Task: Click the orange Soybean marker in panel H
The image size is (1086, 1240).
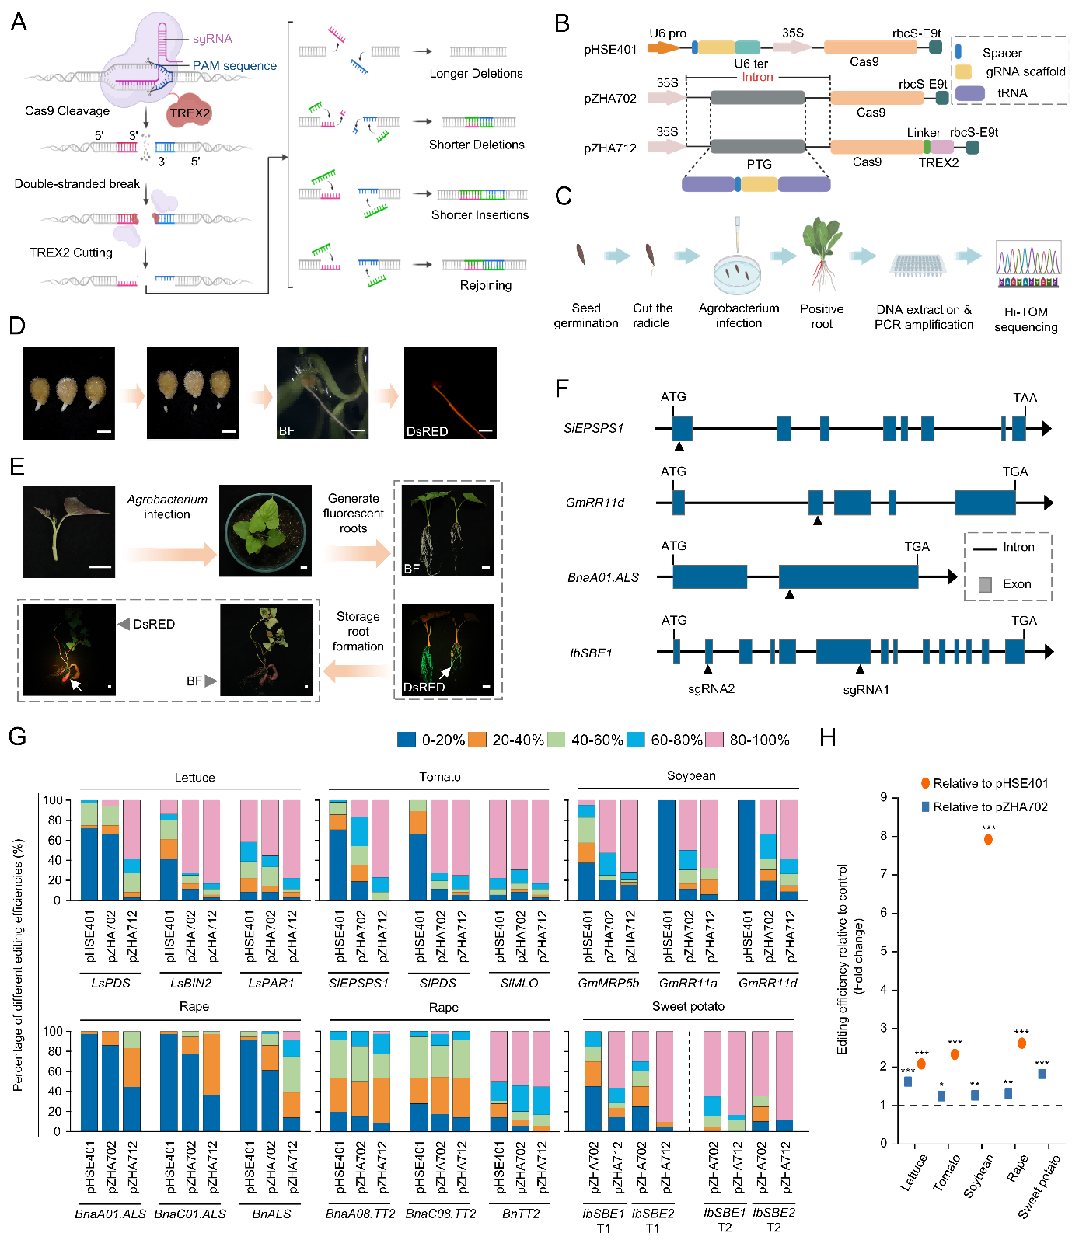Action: [x=988, y=839]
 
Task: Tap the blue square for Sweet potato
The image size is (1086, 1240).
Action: [x=1042, y=1074]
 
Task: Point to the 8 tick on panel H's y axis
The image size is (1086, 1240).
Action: [x=883, y=836]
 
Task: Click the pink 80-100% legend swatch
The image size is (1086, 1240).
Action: [x=715, y=740]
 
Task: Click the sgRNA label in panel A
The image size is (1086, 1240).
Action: [x=212, y=38]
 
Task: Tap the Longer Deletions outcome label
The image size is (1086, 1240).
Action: [x=476, y=74]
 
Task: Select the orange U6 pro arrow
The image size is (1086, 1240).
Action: [x=663, y=47]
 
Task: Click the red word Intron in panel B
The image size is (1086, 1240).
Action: [x=757, y=77]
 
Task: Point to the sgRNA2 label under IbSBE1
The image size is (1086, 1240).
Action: [x=711, y=688]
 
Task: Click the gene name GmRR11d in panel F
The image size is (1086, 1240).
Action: [x=595, y=503]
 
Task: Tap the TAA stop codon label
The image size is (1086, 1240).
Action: [x=1025, y=398]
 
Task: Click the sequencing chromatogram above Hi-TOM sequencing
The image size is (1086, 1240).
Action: [x=1028, y=264]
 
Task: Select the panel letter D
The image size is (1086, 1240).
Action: [x=17, y=325]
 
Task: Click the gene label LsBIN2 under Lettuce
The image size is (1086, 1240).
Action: [x=190, y=983]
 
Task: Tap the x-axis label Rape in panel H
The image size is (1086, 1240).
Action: [x=1017, y=1169]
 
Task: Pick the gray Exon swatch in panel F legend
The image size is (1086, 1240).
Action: [x=985, y=584]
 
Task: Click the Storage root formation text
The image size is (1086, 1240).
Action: [x=358, y=631]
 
